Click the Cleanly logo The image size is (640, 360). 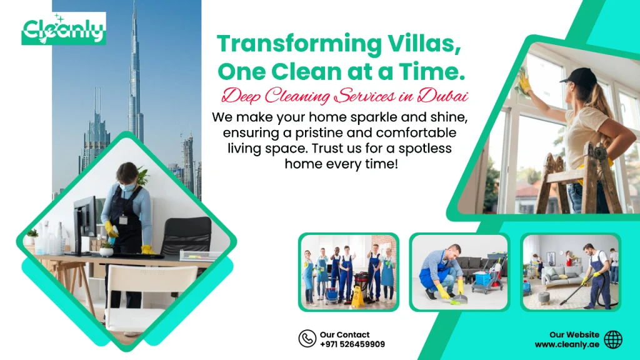point(64,29)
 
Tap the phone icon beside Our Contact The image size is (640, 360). point(307,339)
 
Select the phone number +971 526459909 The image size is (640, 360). point(352,344)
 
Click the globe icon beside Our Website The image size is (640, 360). point(613,339)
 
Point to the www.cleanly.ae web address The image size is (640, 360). point(567,344)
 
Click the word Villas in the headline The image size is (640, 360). point(422,44)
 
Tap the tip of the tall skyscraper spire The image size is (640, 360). point(134,5)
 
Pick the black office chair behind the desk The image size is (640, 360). point(186,236)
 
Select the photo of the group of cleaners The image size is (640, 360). point(348,272)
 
